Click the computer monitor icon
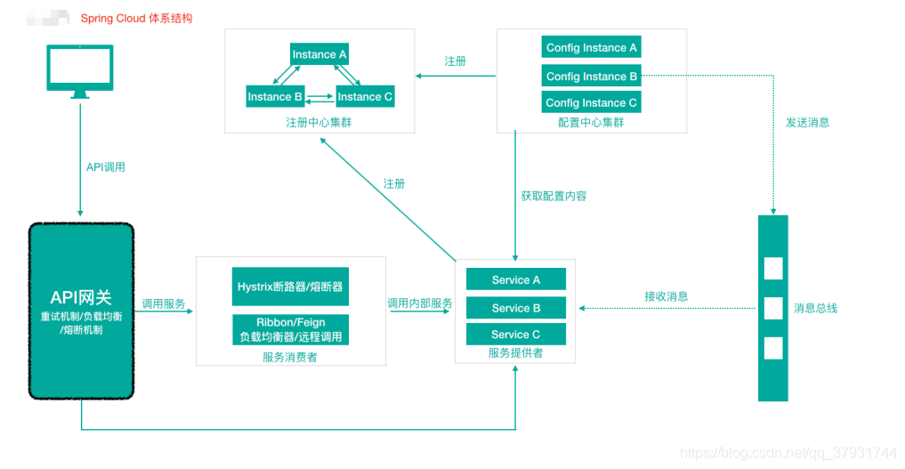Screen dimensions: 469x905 coord(80,71)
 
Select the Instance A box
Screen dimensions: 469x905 coord(319,54)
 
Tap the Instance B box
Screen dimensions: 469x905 coord(275,96)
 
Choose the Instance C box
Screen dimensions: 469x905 coord(365,96)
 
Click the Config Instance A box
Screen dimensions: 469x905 coord(591,48)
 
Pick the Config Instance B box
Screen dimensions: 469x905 coord(591,76)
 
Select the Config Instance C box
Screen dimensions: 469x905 coord(591,102)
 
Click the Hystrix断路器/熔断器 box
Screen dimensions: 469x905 coord(290,287)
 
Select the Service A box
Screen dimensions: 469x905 coord(516,279)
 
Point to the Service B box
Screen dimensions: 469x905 coord(516,308)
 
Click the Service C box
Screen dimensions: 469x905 coord(516,335)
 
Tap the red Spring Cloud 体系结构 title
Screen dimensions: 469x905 coord(136,18)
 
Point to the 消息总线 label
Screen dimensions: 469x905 coord(815,308)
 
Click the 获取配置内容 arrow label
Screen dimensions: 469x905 coord(554,196)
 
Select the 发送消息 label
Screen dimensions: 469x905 coord(808,122)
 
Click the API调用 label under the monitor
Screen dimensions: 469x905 coord(105,166)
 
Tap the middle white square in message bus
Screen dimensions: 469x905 coord(773,308)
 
